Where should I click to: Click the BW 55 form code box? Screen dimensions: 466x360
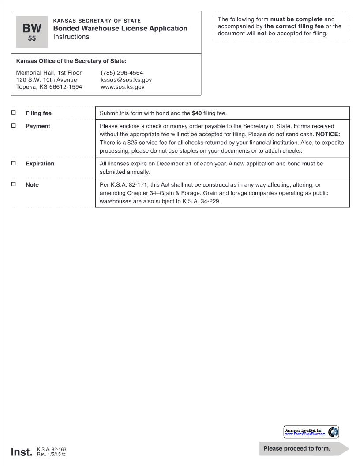32,32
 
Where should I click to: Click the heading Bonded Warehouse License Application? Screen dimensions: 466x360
120,28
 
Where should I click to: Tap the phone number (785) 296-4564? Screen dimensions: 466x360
122,73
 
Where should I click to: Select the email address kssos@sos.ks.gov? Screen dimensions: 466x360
126,80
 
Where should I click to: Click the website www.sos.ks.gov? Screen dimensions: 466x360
123,87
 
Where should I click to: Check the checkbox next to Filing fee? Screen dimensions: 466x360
13,113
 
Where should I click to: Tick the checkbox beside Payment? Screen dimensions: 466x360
13,126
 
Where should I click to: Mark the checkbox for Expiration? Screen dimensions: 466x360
13,163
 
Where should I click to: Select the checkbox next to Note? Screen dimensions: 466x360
13,184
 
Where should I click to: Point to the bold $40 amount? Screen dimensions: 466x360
197,113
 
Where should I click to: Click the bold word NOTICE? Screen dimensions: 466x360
328,134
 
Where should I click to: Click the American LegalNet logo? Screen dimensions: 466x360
311,432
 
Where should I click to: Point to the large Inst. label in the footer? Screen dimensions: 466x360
21,452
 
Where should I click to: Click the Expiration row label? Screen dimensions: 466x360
40,164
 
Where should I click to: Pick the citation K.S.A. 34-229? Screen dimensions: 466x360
201,202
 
